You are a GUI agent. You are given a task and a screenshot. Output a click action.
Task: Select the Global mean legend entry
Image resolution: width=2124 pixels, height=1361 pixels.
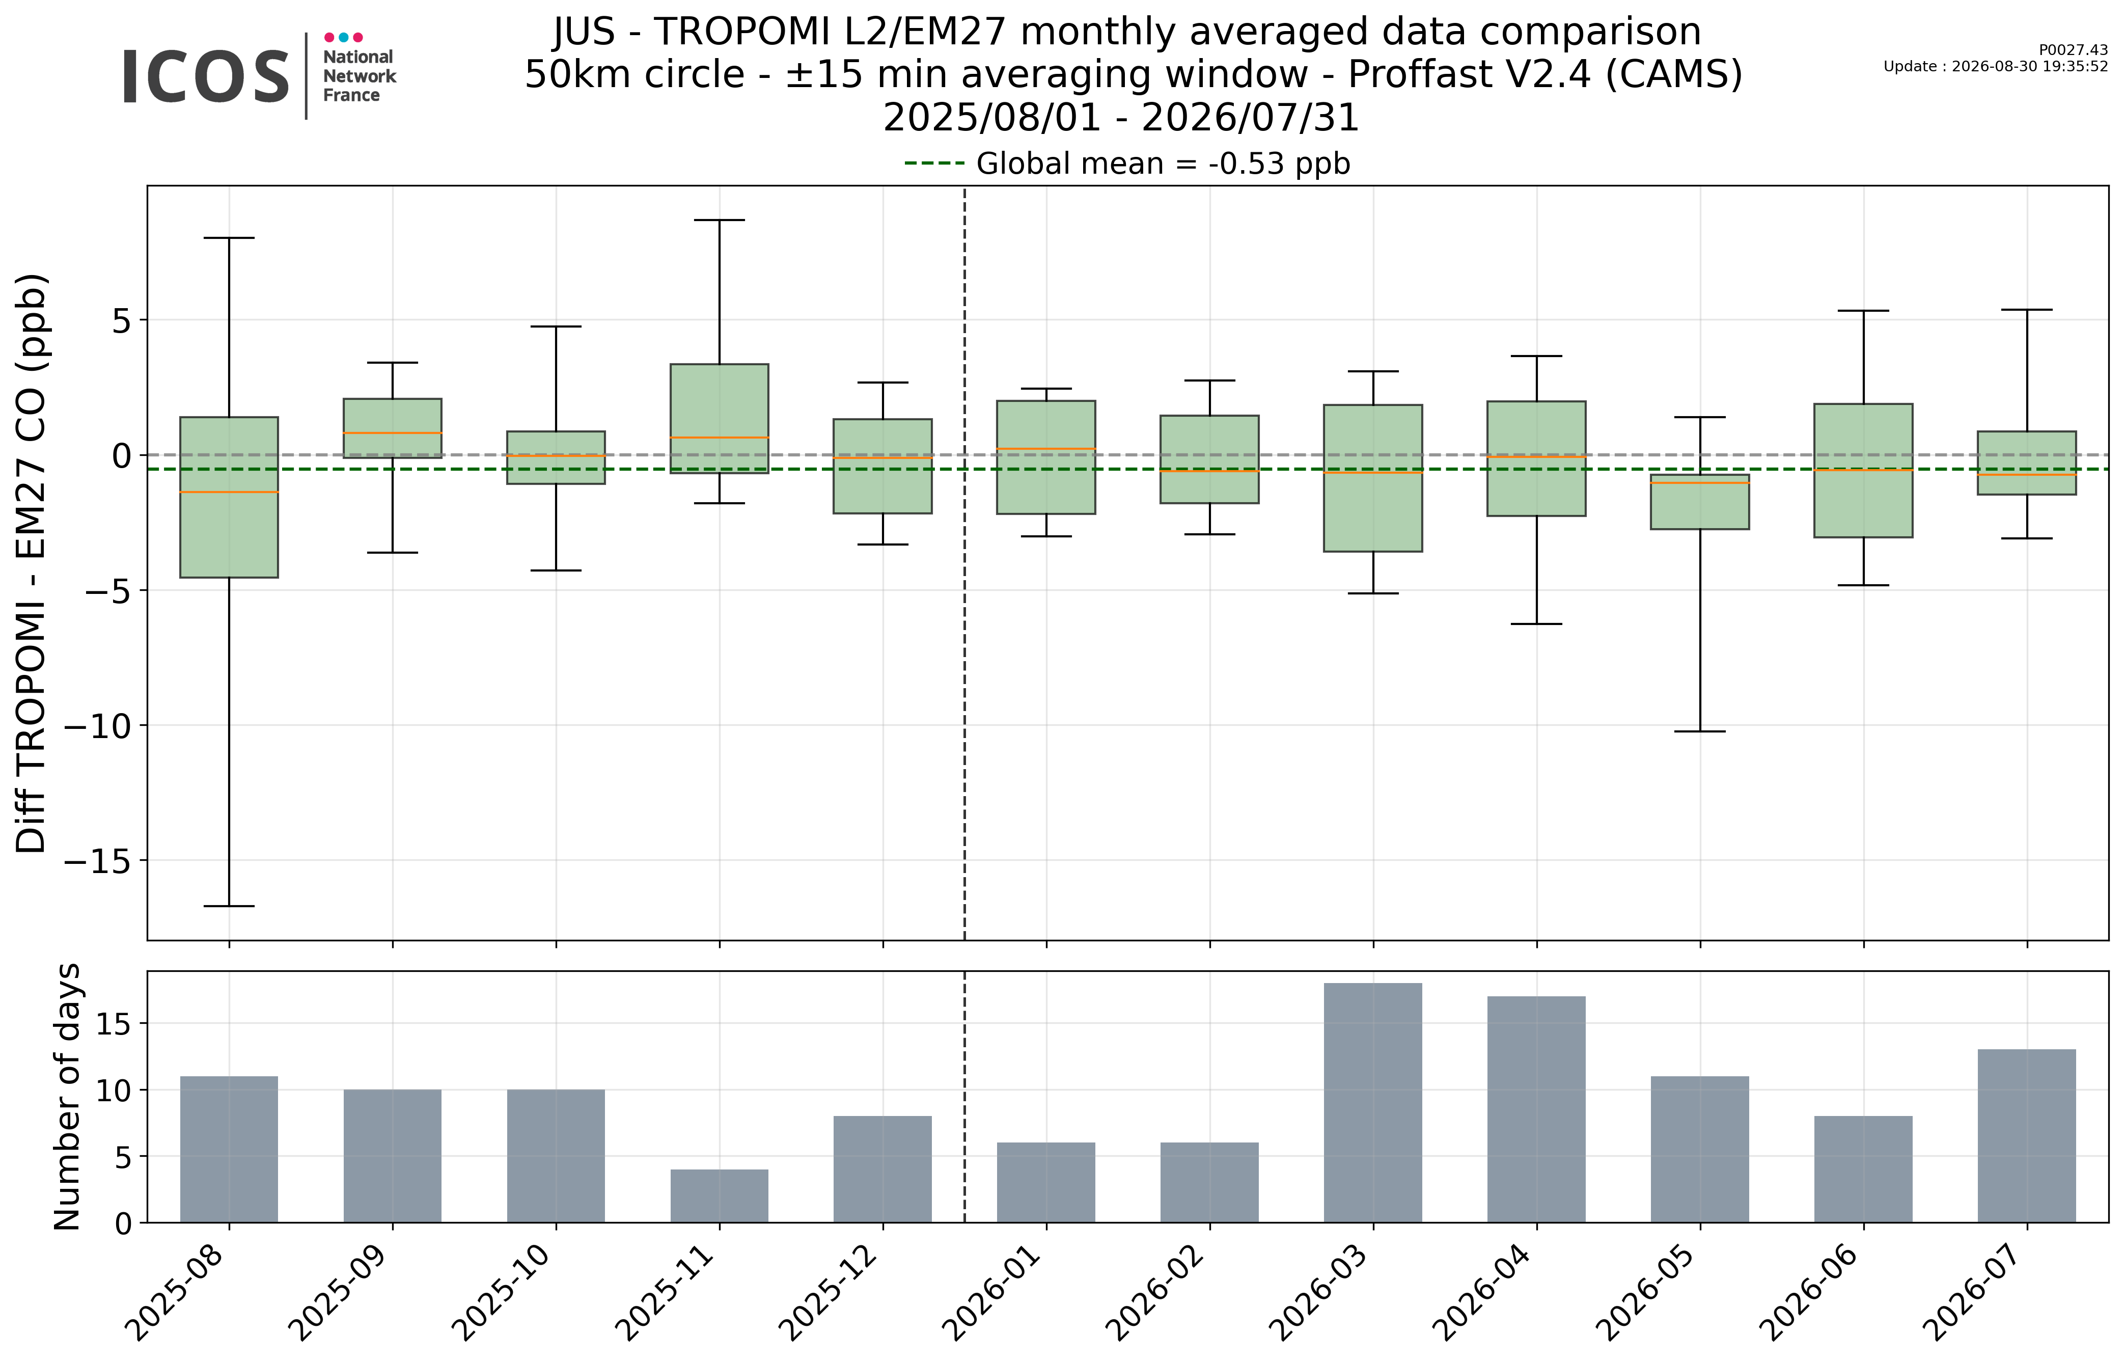click(x=1127, y=164)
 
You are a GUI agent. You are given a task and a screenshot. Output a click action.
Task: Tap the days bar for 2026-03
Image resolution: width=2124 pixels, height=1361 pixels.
click(x=1373, y=1103)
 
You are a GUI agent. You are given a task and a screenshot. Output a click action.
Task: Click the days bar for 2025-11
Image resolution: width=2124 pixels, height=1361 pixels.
click(x=719, y=1196)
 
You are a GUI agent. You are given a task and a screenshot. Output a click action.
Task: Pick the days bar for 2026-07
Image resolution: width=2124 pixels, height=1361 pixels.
click(x=2027, y=1136)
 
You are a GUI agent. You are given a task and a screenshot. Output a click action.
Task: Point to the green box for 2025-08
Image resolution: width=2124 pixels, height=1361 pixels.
click(x=229, y=497)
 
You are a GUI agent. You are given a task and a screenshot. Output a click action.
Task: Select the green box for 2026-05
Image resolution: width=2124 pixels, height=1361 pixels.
click(x=1700, y=502)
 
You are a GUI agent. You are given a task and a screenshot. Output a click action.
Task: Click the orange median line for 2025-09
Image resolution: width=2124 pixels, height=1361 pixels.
click(x=392, y=433)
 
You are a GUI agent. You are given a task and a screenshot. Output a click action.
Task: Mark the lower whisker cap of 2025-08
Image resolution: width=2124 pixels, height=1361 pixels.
click(x=229, y=906)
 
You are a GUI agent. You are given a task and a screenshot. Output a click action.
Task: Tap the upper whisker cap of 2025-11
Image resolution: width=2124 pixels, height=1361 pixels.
click(x=719, y=219)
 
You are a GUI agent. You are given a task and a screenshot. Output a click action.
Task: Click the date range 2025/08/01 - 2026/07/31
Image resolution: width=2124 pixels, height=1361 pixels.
click(x=1121, y=118)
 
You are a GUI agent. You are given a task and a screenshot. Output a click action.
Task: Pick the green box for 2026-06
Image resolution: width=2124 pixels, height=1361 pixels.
click(x=1863, y=470)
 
